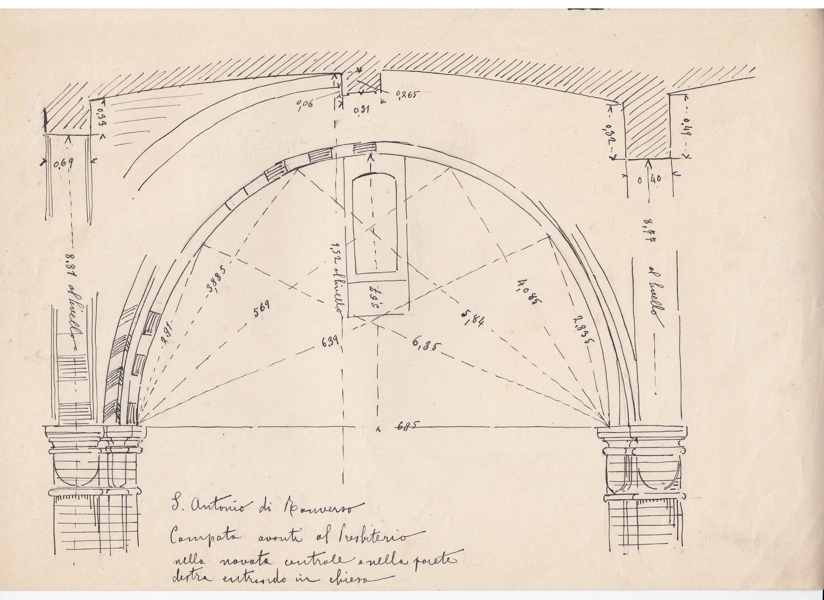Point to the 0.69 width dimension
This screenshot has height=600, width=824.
coord(63,164)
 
